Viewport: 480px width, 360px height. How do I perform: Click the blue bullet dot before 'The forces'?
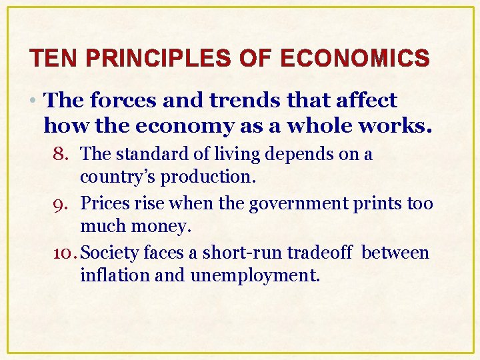pos(35,101)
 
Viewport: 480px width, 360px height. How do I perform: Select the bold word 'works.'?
pos(401,125)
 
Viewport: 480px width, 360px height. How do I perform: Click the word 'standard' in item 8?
pos(147,155)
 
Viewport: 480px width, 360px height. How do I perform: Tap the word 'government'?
pos(297,204)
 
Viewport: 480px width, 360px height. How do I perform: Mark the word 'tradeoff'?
pos(324,253)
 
